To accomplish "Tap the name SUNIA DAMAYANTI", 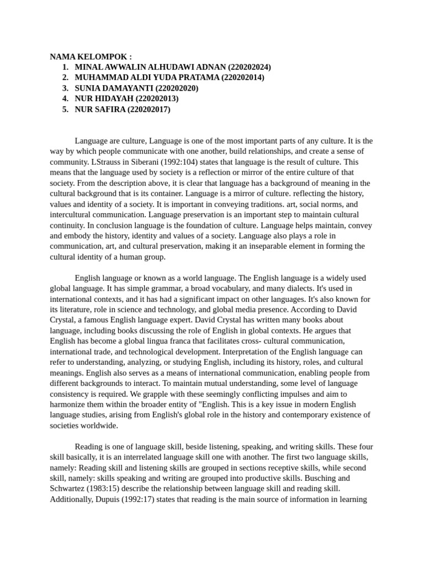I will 114,88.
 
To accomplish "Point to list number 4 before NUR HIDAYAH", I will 65,98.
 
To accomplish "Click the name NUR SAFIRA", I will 100,109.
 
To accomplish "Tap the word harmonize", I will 68,404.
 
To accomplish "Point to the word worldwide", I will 99,426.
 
